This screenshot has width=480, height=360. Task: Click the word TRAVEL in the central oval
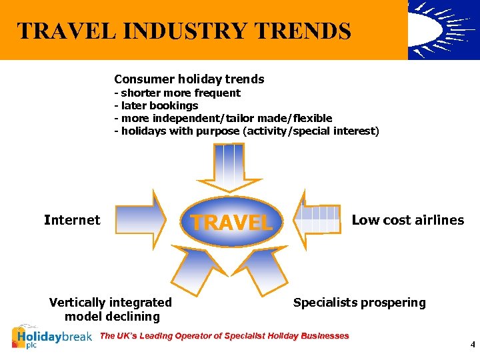pyautogui.click(x=232, y=222)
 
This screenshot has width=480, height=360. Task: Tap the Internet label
pyautogui.click(x=72, y=220)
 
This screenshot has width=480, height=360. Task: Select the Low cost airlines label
pyautogui.click(x=407, y=220)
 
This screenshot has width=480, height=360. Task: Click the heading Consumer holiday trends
pyautogui.click(x=189, y=79)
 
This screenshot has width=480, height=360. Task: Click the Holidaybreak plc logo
pyautogui.click(x=52, y=337)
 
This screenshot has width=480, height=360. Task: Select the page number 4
pyautogui.click(x=472, y=345)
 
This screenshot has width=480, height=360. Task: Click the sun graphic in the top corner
pyautogui.click(x=443, y=29)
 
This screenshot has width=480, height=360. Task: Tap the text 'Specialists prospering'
pyautogui.click(x=359, y=303)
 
